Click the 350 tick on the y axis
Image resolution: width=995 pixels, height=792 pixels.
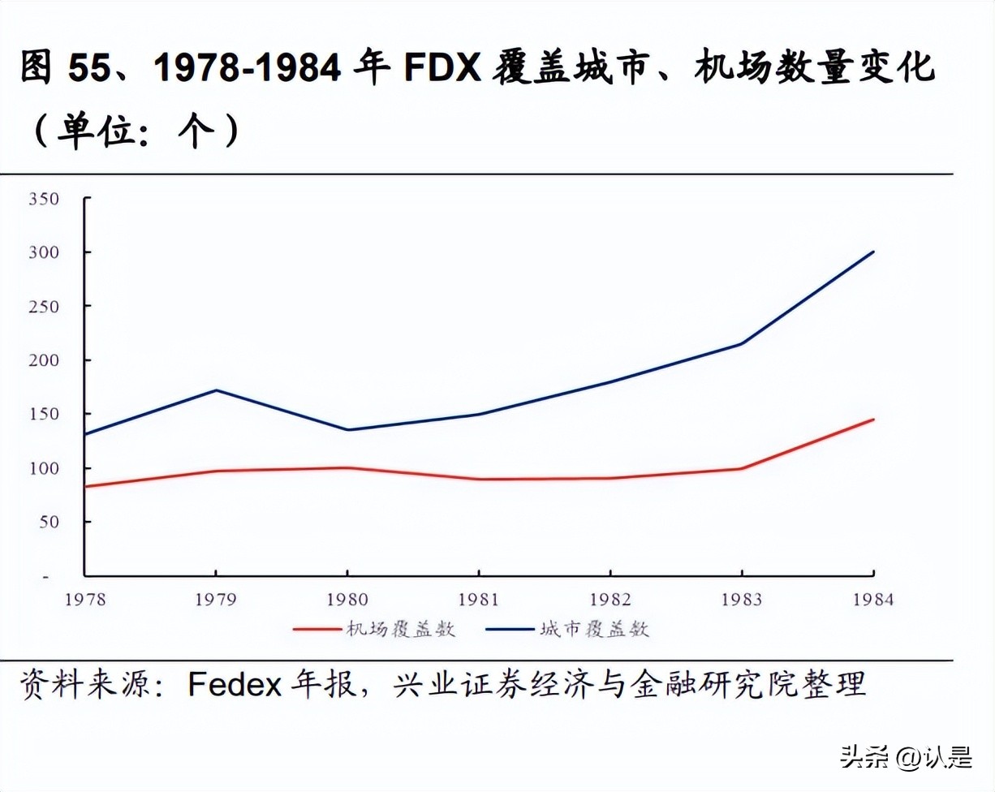tap(44, 198)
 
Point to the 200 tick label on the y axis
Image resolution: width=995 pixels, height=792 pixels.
tap(44, 359)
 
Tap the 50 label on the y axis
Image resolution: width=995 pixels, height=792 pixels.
tap(50, 521)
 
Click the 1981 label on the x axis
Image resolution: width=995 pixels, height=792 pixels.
tap(479, 600)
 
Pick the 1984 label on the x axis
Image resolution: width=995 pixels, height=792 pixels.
tap(873, 600)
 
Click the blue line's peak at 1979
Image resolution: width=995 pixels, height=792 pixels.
tap(215, 390)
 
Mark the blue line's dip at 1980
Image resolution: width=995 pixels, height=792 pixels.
tap(347, 430)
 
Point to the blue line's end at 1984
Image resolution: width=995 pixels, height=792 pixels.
tap(874, 252)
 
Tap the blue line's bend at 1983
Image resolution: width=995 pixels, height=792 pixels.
tap(742, 343)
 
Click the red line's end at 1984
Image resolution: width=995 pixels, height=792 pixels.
tap(874, 420)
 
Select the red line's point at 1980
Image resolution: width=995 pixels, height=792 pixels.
tap(347, 467)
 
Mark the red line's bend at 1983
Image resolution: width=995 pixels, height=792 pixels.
tap(742, 468)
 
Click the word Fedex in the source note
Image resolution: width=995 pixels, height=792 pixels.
tap(235, 683)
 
